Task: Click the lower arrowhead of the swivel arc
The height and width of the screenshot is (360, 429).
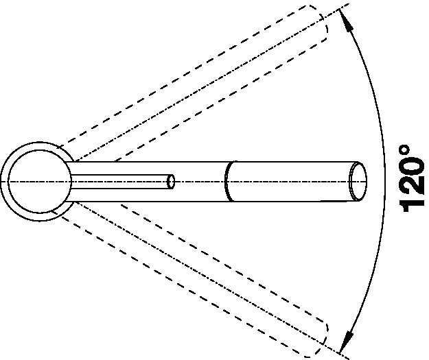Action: (x=345, y=341)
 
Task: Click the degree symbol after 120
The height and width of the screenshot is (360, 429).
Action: (x=405, y=150)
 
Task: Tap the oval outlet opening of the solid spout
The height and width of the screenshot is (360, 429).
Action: (x=358, y=182)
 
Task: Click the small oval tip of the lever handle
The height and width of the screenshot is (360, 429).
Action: (x=171, y=182)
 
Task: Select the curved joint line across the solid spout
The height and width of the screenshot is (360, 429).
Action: (x=227, y=181)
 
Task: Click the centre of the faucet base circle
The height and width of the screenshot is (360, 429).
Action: (x=40, y=182)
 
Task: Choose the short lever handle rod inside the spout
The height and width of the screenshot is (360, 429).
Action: (x=120, y=182)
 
